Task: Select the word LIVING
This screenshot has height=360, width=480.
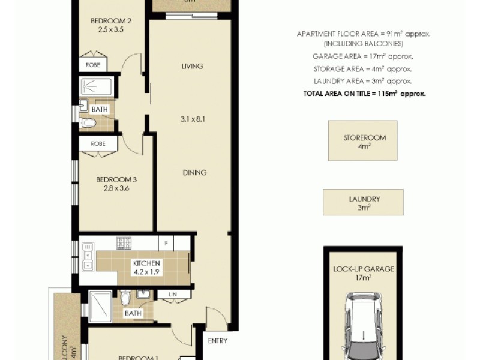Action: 193,66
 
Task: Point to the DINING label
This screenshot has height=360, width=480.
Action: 194,173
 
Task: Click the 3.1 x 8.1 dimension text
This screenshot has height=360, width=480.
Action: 193,119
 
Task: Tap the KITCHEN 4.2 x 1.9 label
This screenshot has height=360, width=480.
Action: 146,267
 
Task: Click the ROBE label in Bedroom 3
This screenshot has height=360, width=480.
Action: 99,144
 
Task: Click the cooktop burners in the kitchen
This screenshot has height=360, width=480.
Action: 124,243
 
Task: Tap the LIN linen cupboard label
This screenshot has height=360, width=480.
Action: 173,294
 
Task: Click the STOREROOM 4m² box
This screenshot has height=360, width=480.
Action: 362,140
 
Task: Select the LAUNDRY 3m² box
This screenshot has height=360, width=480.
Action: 363,203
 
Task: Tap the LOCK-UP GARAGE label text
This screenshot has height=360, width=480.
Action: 364,269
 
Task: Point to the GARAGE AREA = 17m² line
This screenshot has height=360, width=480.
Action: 362,56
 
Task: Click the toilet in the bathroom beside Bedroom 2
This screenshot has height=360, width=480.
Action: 88,124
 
